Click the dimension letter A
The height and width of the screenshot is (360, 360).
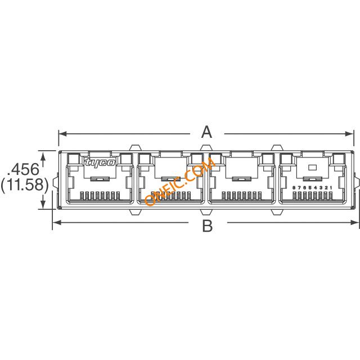pyautogui.click(x=206, y=133)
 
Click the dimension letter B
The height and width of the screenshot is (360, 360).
pyautogui.click(x=208, y=226)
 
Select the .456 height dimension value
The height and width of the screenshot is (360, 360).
pyautogui.click(x=23, y=169)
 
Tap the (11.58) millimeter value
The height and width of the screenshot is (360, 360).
pyautogui.click(x=25, y=185)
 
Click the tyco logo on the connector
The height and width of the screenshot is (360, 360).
pyautogui.click(x=100, y=163)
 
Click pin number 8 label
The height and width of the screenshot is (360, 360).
pyautogui.click(x=294, y=188)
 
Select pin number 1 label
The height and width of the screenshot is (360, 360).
pyautogui.click(x=331, y=188)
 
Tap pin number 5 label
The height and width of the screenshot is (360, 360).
pyautogui.click(x=310, y=188)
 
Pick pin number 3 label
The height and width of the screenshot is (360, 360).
pyautogui.click(x=321, y=188)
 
